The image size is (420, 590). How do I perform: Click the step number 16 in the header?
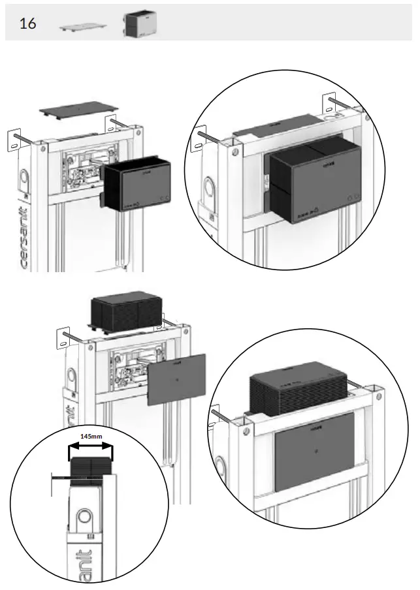(28, 24)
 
